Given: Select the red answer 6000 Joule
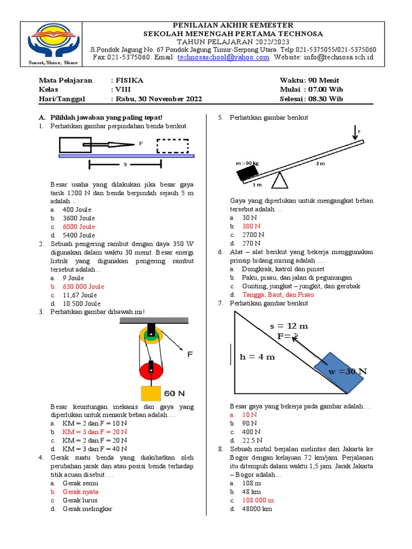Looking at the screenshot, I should point(79,227).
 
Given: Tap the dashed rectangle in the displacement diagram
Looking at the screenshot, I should point(173,146).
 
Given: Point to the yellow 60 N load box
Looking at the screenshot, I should point(151,394).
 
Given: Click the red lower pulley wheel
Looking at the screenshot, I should point(151,369).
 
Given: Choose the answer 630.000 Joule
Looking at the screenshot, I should point(83,286).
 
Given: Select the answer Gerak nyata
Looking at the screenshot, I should point(80,492).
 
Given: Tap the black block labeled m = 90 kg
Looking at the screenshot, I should point(247,173).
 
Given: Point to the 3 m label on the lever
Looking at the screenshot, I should point(320,164).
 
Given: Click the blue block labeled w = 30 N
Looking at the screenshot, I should point(340,371).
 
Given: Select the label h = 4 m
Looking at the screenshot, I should point(257,357).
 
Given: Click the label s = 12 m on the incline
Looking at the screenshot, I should point(289,325).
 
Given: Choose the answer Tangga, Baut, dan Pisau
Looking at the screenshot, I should point(278,295).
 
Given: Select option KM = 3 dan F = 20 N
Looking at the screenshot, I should point(94,432).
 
